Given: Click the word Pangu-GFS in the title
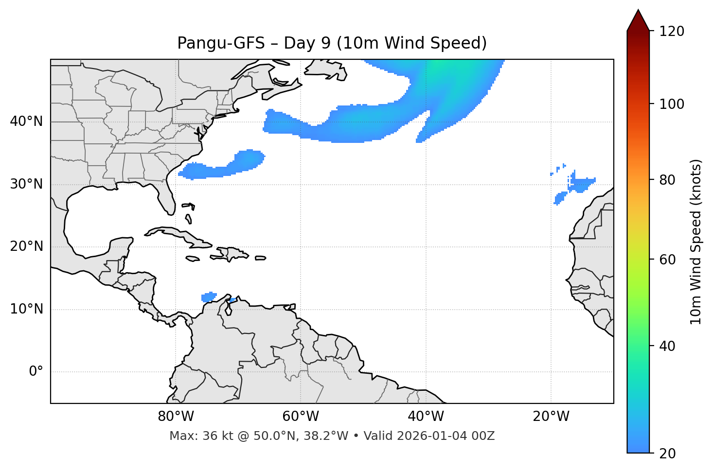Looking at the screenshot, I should click(220, 43).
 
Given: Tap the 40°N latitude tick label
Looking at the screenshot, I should click(26, 122).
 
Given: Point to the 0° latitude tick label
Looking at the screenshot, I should click(36, 372).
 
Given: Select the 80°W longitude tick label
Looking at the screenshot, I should click(176, 417).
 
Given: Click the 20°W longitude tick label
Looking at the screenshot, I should click(551, 417).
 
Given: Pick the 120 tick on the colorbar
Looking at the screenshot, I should click(672, 31).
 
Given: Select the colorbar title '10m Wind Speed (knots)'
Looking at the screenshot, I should click(696, 242).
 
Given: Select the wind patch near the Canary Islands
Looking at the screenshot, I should click(582, 184).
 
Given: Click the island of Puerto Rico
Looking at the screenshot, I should click(261, 258).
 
